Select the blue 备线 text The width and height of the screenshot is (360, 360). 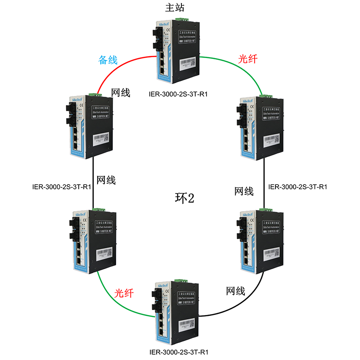[108, 60]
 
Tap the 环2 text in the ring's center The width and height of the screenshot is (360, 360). [184, 198]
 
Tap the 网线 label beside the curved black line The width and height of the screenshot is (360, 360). [235, 291]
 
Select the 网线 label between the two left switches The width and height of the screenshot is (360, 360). [106, 180]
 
